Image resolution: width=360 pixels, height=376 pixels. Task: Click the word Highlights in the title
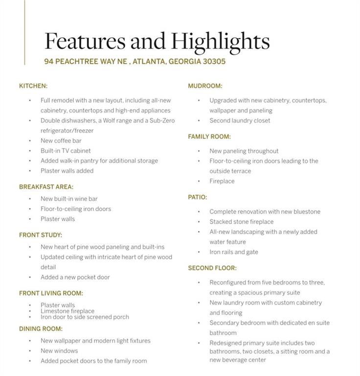tap(221, 41)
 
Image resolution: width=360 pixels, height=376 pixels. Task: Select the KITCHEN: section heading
tap(33, 86)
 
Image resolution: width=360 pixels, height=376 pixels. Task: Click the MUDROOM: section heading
tap(205, 86)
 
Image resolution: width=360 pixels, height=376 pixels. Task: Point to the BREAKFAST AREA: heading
tap(46, 187)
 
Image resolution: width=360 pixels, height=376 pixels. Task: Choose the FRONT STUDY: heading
tap(41, 235)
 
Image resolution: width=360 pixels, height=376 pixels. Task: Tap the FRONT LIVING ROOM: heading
tap(51, 293)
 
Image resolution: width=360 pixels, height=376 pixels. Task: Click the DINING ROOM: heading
tap(41, 329)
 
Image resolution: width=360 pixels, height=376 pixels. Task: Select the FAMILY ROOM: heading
tap(209, 137)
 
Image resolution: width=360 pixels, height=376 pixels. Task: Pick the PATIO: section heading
tap(198, 197)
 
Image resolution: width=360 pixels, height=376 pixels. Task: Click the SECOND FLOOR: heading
tap(212, 268)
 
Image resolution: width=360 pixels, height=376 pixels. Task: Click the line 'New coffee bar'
tap(61, 141)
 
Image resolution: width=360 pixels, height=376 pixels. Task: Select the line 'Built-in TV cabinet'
tap(66, 151)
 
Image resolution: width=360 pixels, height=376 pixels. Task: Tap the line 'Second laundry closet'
tap(240, 120)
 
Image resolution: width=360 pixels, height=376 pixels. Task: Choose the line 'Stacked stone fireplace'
tap(242, 222)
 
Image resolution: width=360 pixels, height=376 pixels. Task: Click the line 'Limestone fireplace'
tap(67, 311)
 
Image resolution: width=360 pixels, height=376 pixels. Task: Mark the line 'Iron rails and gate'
tap(234, 252)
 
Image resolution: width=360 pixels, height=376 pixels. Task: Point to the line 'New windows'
tap(59, 351)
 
